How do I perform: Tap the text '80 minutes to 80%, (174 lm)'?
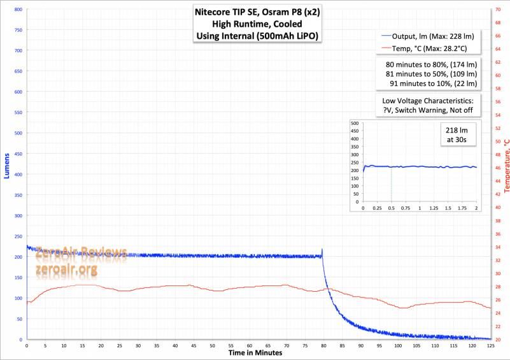point(431,65)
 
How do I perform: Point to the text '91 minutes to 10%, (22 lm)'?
point(431,84)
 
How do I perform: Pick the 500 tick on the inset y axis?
point(355,122)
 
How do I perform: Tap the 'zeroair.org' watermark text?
point(66,270)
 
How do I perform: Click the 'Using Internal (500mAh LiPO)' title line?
point(258,36)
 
